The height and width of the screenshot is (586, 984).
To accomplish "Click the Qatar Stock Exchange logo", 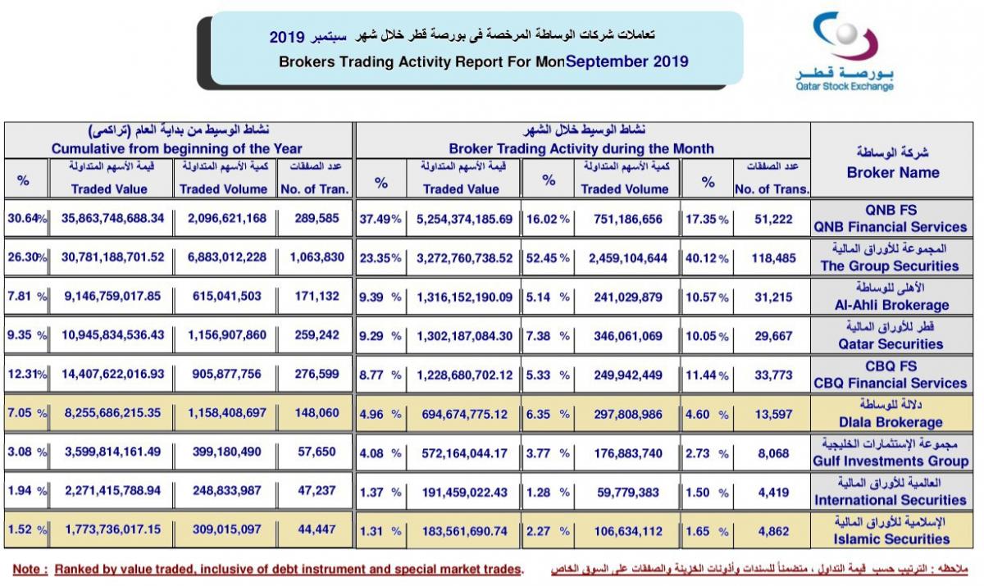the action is [x=845, y=52].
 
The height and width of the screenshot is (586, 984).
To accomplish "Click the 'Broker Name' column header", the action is [x=893, y=172].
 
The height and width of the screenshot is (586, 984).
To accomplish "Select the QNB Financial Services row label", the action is [x=891, y=227].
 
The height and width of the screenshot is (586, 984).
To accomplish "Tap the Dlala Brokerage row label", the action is [x=891, y=422].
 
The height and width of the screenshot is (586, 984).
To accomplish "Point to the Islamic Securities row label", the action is [x=891, y=539].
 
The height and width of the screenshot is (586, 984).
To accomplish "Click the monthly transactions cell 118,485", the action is [x=773, y=258].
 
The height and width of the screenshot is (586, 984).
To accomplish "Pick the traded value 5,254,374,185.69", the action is [x=464, y=219].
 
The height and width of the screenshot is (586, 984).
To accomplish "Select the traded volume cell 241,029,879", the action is [x=628, y=298].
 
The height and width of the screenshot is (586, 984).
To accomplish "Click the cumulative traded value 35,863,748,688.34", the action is [x=112, y=218].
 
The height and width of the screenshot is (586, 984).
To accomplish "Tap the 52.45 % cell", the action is [x=548, y=258].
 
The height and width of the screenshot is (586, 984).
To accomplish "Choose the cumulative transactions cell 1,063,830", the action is [x=317, y=257].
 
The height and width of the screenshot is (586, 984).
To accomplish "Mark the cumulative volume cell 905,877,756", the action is [x=226, y=374].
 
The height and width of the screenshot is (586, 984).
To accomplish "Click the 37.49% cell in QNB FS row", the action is [x=380, y=219].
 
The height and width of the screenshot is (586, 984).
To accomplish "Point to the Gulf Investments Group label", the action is [x=891, y=461].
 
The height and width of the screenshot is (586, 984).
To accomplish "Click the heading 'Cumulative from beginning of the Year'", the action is [x=176, y=149].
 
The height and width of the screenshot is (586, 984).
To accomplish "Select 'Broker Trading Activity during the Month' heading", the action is [x=581, y=149].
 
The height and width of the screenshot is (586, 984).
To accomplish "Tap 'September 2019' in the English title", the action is [x=626, y=61].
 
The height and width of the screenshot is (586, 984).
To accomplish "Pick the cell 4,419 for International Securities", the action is [x=773, y=493].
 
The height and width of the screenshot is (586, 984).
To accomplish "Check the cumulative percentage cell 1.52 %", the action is [x=27, y=529].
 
